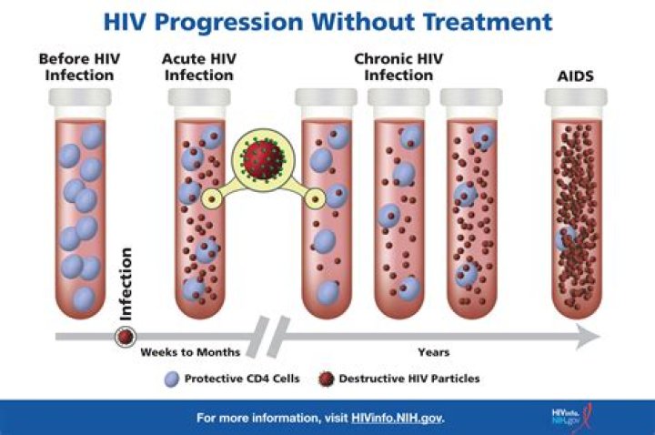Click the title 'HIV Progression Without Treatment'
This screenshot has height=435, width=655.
click(x=327, y=20)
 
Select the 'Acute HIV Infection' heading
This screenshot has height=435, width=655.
click(x=198, y=66)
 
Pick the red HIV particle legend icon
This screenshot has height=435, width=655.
click(x=326, y=378)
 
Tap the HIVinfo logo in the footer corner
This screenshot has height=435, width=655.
click(x=565, y=418)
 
